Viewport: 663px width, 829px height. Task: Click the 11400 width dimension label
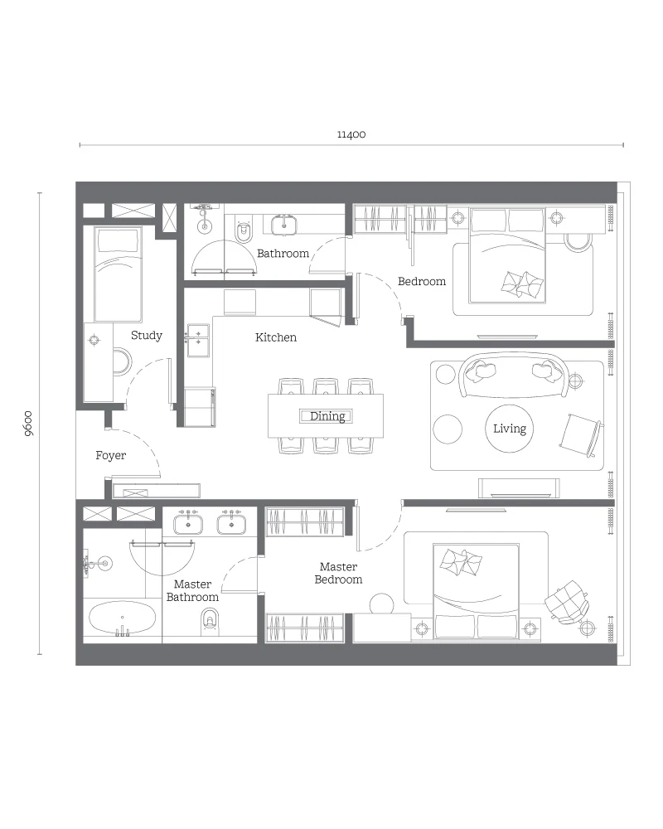[x=351, y=134]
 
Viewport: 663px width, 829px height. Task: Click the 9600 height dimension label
[x=28, y=424]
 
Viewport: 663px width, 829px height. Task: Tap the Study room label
[x=147, y=335]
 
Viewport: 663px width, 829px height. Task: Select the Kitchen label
[x=275, y=337]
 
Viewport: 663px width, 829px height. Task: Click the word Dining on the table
[x=327, y=416]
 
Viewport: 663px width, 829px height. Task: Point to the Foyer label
[x=110, y=455]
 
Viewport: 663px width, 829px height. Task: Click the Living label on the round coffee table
[x=510, y=429]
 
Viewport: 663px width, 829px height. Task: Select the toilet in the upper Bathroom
[x=244, y=231]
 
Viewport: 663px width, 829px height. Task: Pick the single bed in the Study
[x=118, y=274]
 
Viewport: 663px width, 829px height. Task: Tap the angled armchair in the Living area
[x=580, y=436]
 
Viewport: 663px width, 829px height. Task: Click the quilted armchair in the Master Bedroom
[x=566, y=602]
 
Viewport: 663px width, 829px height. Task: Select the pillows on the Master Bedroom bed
[x=461, y=562]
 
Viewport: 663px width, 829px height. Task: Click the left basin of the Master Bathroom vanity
[x=188, y=524]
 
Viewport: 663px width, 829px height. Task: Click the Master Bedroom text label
[x=338, y=573]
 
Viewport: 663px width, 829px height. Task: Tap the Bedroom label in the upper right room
[x=421, y=282]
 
